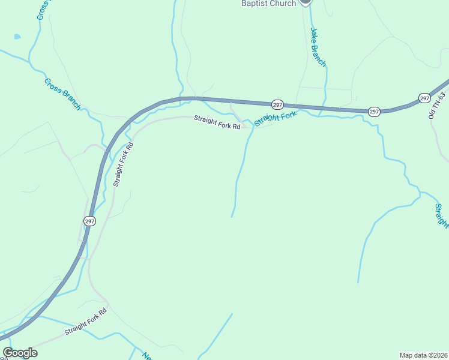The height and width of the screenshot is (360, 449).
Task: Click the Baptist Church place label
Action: [268, 4]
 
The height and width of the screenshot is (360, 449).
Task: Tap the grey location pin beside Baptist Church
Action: [305, 2]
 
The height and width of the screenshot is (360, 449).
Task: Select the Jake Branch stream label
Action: [318, 47]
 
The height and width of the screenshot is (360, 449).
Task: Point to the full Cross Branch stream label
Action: [62, 94]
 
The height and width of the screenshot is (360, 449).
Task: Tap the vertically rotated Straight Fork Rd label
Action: [122, 164]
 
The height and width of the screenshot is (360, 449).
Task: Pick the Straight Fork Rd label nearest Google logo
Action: [85, 321]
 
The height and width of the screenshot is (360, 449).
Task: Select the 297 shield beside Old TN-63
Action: [424, 98]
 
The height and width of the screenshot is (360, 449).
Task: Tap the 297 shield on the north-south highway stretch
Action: [89, 221]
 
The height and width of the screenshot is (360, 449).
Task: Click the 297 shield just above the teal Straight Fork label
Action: [277, 104]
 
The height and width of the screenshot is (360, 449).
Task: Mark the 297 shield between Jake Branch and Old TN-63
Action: [373, 112]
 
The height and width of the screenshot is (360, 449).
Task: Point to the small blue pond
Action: [17, 37]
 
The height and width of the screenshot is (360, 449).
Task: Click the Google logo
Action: [20, 353]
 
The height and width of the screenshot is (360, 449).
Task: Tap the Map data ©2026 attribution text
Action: [423, 355]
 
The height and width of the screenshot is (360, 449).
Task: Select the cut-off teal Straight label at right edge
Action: [442, 216]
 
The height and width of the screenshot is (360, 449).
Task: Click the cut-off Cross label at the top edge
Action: [41, 10]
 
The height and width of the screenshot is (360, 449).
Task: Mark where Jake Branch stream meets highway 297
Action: [322, 109]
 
